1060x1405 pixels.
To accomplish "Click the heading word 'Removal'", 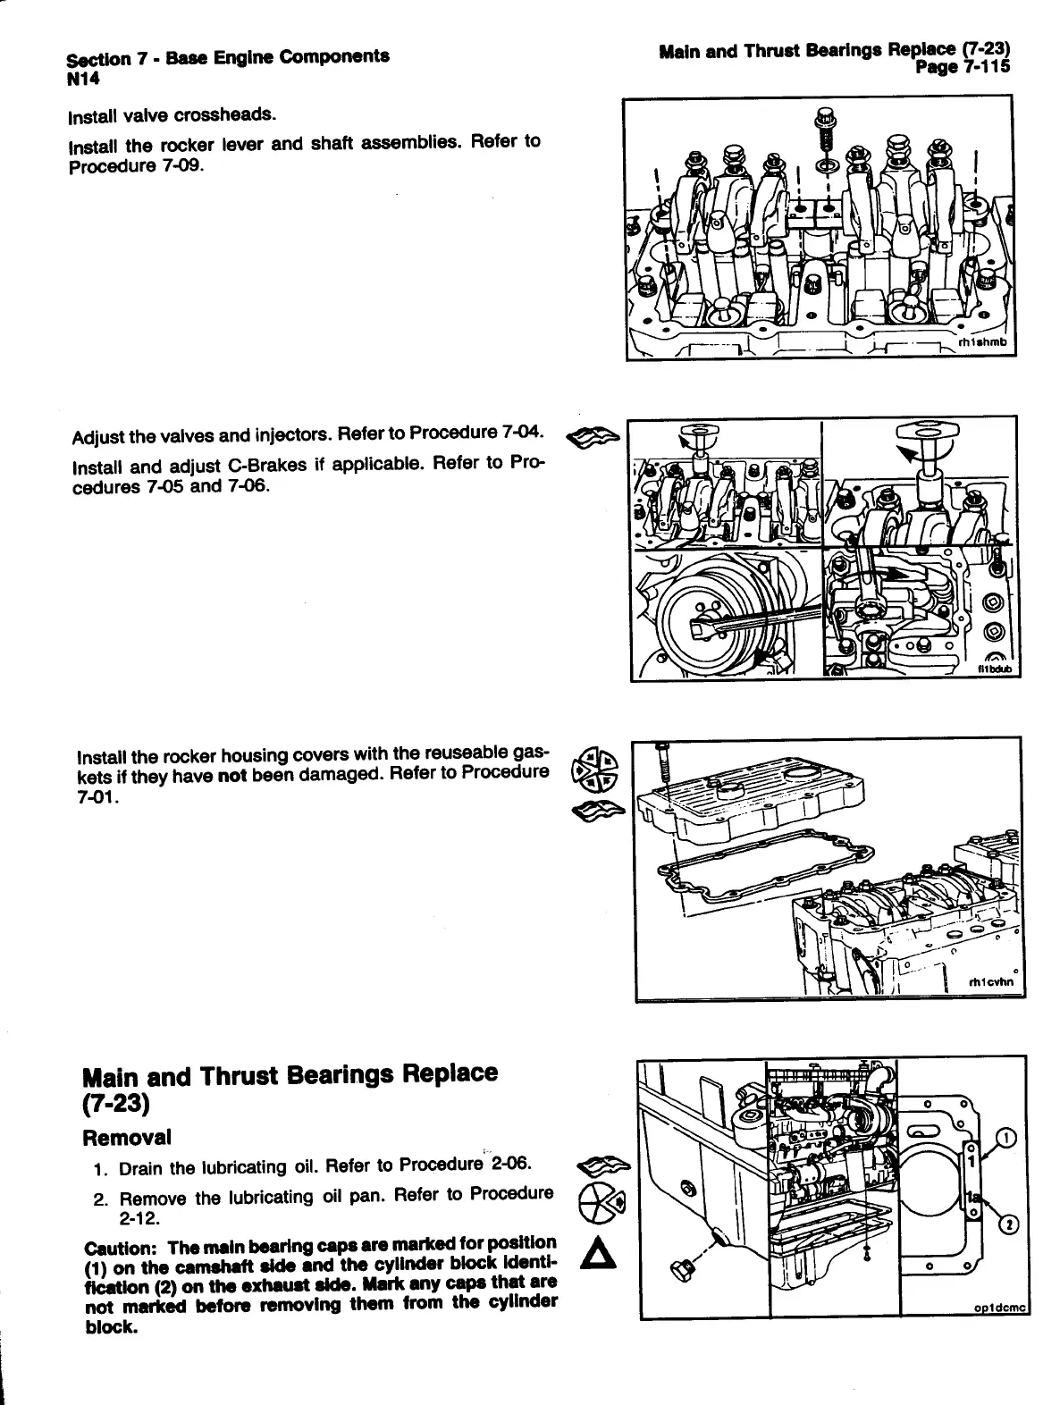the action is [126, 1138].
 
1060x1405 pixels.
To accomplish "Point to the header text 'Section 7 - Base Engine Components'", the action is [228, 59].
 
